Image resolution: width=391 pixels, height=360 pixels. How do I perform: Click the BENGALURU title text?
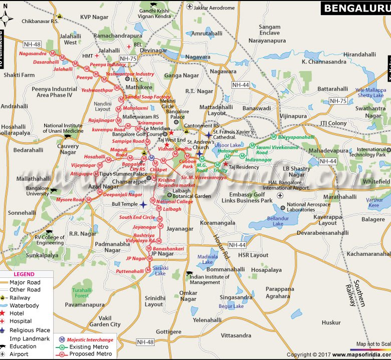pyautogui.click(x=354, y=8)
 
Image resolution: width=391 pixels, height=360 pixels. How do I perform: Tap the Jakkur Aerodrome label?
pyautogui.click(x=214, y=8)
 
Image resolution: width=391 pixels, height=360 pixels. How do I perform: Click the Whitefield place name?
pyautogui.click(x=376, y=182)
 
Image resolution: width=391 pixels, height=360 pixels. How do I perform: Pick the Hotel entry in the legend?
pyautogui.click(x=17, y=313)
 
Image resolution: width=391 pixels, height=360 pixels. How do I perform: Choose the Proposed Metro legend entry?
pyautogui.click(x=89, y=354)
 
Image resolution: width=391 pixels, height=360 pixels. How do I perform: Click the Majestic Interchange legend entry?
pyautogui.click(x=90, y=340)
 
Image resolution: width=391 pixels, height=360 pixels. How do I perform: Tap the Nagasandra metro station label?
pyautogui.click(x=33, y=53)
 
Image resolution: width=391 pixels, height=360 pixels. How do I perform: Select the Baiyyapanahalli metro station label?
pyautogui.click(x=297, y=137)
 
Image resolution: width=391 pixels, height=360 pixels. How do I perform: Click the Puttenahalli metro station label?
pyautogui.click(x=130, y=271)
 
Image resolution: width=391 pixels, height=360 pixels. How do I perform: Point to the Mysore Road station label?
pyautogui.click(x=70, y=199)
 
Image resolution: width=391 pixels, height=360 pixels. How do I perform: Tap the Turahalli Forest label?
pyautogui.click(x=82, y=293)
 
